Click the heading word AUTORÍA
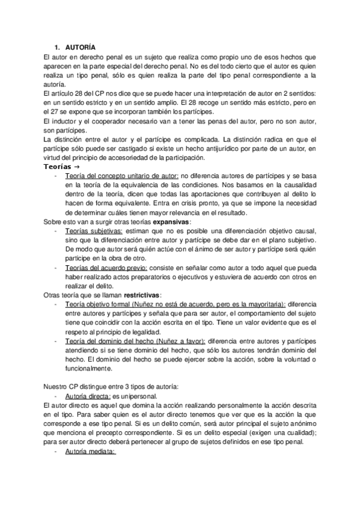(x=79, y=47)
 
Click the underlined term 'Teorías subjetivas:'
(x=93, y=232)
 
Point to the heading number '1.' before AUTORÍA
(x=58, y=47)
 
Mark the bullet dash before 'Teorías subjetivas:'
(x=56, y=232)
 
